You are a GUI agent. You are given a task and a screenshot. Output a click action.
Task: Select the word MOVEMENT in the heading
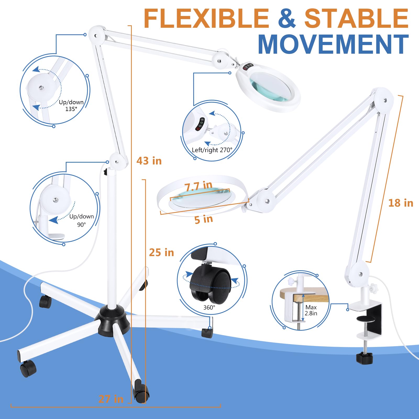click(333, 44)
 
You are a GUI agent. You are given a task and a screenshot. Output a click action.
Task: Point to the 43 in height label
click(149, 161)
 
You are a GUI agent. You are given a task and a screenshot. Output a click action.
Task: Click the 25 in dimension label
click(162, 252)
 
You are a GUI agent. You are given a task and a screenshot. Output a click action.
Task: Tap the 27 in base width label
click(111, 399)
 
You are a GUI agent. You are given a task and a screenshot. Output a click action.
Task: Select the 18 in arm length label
click(401, 203)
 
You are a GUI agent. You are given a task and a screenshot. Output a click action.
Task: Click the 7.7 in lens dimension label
click(198, 186)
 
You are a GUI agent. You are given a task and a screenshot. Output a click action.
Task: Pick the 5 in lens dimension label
click(204, 219)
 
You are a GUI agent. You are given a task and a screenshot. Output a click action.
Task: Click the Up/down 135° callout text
click(71, 106)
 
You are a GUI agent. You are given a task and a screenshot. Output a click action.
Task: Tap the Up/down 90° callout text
click(81, 220)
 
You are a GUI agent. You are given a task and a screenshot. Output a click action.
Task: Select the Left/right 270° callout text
click(212, 150)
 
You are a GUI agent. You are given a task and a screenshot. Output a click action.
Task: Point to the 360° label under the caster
click(209, 307)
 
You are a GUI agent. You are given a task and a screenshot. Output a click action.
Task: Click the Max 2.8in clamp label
click(311, 310)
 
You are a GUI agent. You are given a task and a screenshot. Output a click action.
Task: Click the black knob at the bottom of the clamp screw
click(364, 358)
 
